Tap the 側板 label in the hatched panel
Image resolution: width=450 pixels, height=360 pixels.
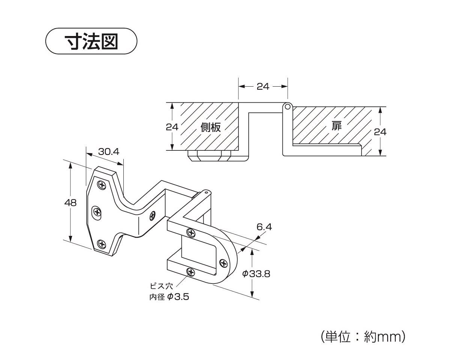point(210,127)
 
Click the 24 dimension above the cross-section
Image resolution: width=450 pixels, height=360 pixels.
point(263,86)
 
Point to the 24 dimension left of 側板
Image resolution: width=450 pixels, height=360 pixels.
point(172,127)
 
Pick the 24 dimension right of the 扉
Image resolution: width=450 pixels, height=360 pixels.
point(380,132)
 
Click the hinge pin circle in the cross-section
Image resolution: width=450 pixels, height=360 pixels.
point(288,106)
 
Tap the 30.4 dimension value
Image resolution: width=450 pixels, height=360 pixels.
point(108,151)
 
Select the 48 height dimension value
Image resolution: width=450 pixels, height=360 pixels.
point(70,202)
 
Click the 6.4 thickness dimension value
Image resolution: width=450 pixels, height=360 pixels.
point(264,227)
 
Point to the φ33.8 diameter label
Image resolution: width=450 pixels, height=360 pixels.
point(256,274)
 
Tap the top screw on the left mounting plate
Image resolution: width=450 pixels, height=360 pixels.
point(101,184)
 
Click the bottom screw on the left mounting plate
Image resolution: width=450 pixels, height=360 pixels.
point(102,244)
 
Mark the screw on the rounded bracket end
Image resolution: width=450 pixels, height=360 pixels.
point(223,263)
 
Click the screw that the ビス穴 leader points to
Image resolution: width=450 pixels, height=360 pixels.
point(190,272)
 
